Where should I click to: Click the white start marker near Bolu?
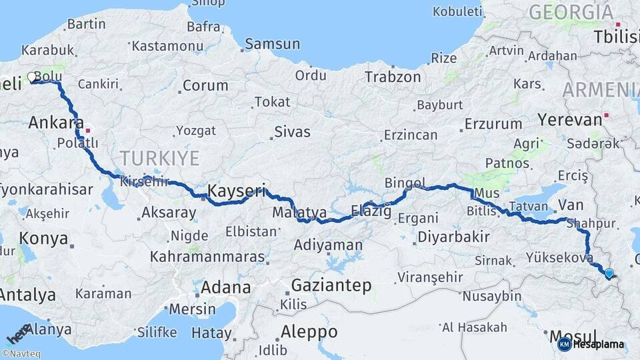(x=31, y=77)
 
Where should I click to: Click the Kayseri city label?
(x=237, y=191)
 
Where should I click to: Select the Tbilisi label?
(x=616, y=37)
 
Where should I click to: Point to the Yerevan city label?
(x=561, y=120)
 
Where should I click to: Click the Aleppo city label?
(x=309, y=331)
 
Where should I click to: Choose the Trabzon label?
(x=393, y=77)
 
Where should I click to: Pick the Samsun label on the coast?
(x=272, y=44)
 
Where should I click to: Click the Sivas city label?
(x=294, y=131)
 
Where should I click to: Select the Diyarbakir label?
(x=453, y=237)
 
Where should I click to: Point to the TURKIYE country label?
(x=159, y=158)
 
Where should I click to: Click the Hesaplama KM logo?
(x=590, y=344)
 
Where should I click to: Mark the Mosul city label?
(x=572, y=335)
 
